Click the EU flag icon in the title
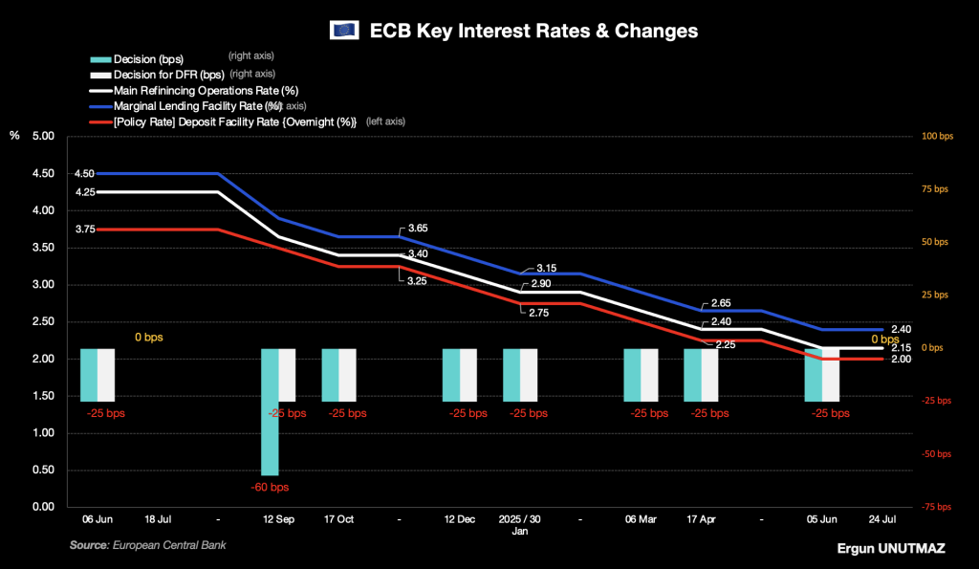click(343, 31)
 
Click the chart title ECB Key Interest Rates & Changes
click(533, 31)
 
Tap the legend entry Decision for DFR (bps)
click(168, 74)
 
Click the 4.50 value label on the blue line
click(84, 174)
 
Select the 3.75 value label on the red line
click(84, 230)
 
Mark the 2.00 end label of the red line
click(901, 360)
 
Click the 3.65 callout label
click(418, 228)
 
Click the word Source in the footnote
click(90, 545)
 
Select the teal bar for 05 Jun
click(813, 375)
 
